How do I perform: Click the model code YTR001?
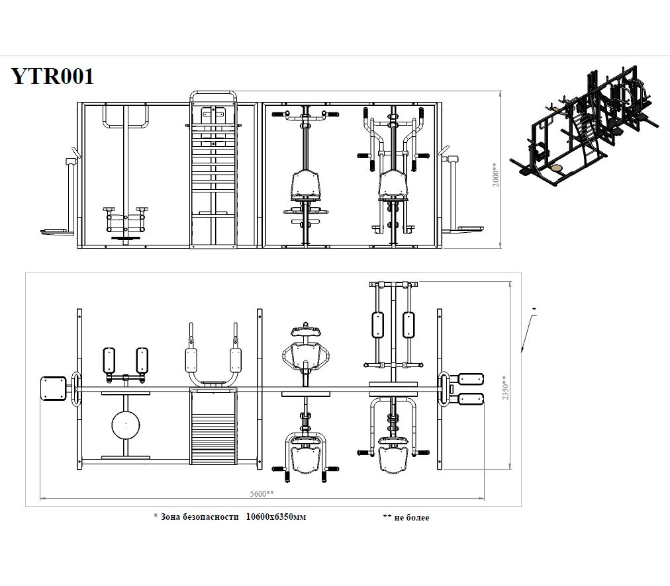point(52,77)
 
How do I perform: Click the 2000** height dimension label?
point(495,175)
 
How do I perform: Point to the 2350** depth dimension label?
point(505,388)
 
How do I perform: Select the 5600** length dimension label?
point(262,493)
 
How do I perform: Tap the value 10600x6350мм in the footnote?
point(276,517)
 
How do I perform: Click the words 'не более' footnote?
point(412,517)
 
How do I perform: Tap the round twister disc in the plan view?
point(126,425)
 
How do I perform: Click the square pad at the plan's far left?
point(54,388)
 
